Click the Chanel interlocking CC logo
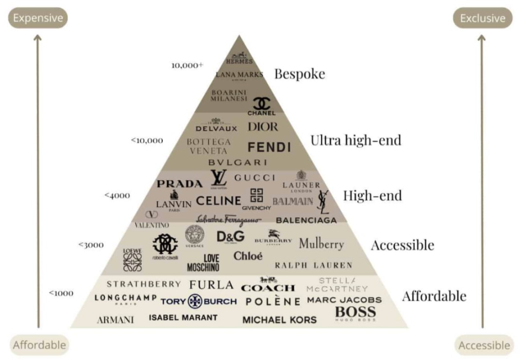click(x=262, y=103)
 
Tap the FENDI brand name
click(x=269, y=147)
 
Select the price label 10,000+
click(x=187, y=65)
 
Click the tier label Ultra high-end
click(x=356, y=141)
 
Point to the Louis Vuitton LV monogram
click(x=219, y=178)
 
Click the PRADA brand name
click(x=179, y=184)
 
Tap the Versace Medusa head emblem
click(x=195, y=234)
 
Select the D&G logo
click(x=230, y=237)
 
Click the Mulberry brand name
click(x=321, y=243)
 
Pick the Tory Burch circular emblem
click(x=195, y=301)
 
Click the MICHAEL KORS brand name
click(x=279, y=320)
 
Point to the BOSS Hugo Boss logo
click(x=355, y=312)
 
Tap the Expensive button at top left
click(x=38, y=18)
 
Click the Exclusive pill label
click(x=482, y=18)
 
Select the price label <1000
click(x=61, y=293)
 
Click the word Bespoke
click(x=300, y=74)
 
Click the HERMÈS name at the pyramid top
click(x=239, y=62)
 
